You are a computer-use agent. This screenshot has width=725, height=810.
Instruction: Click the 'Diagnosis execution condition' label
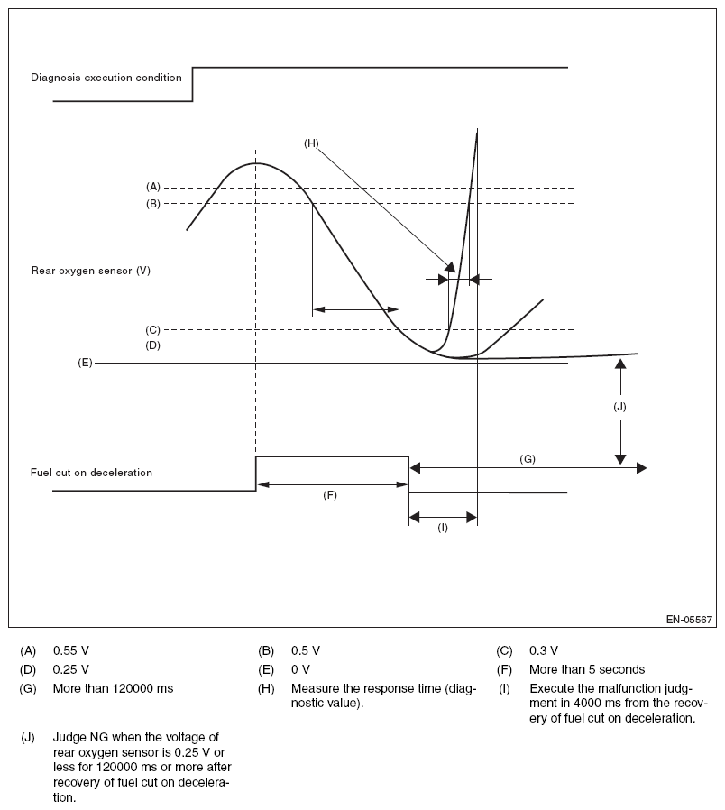tap(106, 78)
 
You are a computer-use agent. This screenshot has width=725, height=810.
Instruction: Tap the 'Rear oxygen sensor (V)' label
tap(90, 270)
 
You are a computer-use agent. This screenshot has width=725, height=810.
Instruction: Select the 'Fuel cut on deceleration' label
tap(91, 472)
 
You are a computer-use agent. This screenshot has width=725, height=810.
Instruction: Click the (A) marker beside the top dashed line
tap(152, 187)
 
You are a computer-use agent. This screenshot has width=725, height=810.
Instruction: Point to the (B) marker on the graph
tap(152, 204)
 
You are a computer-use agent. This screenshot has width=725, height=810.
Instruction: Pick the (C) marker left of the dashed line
tap(152, 329)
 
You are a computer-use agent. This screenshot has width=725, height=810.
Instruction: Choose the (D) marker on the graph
tap(152, 345)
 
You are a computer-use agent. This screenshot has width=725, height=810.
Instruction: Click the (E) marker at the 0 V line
tap(85, 363)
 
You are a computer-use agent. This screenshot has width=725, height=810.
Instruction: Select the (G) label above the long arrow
tap(528, 458)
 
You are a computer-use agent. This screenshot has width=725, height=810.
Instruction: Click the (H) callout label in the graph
tap(312, 143)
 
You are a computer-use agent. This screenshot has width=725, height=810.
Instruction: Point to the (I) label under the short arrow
tap(443, 528)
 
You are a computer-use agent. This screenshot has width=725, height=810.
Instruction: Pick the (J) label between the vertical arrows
tap(619, 406)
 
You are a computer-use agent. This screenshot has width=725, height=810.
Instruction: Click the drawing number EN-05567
tap(690, 620)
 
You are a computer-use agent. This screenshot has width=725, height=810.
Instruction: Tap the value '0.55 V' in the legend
tap(71, 649)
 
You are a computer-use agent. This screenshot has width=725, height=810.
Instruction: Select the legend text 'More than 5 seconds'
tap(587, 669)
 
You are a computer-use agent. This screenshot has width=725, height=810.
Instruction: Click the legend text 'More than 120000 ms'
tap(113, 689)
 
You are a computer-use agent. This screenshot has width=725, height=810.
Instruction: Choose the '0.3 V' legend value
tap(544, 649)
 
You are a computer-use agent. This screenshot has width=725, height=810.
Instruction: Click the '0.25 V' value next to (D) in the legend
tap(71, 669)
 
